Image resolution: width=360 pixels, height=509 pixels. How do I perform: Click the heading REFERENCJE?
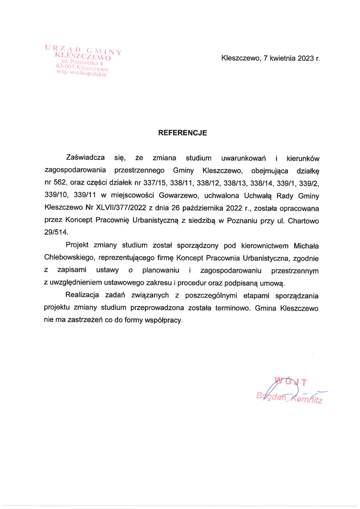pos(183,133)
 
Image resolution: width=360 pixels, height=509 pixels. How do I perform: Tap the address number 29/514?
pos(56,233)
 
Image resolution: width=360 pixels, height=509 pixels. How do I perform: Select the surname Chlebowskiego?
pos(68,258)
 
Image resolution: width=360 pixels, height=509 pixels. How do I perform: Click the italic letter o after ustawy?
pos(130,270)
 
